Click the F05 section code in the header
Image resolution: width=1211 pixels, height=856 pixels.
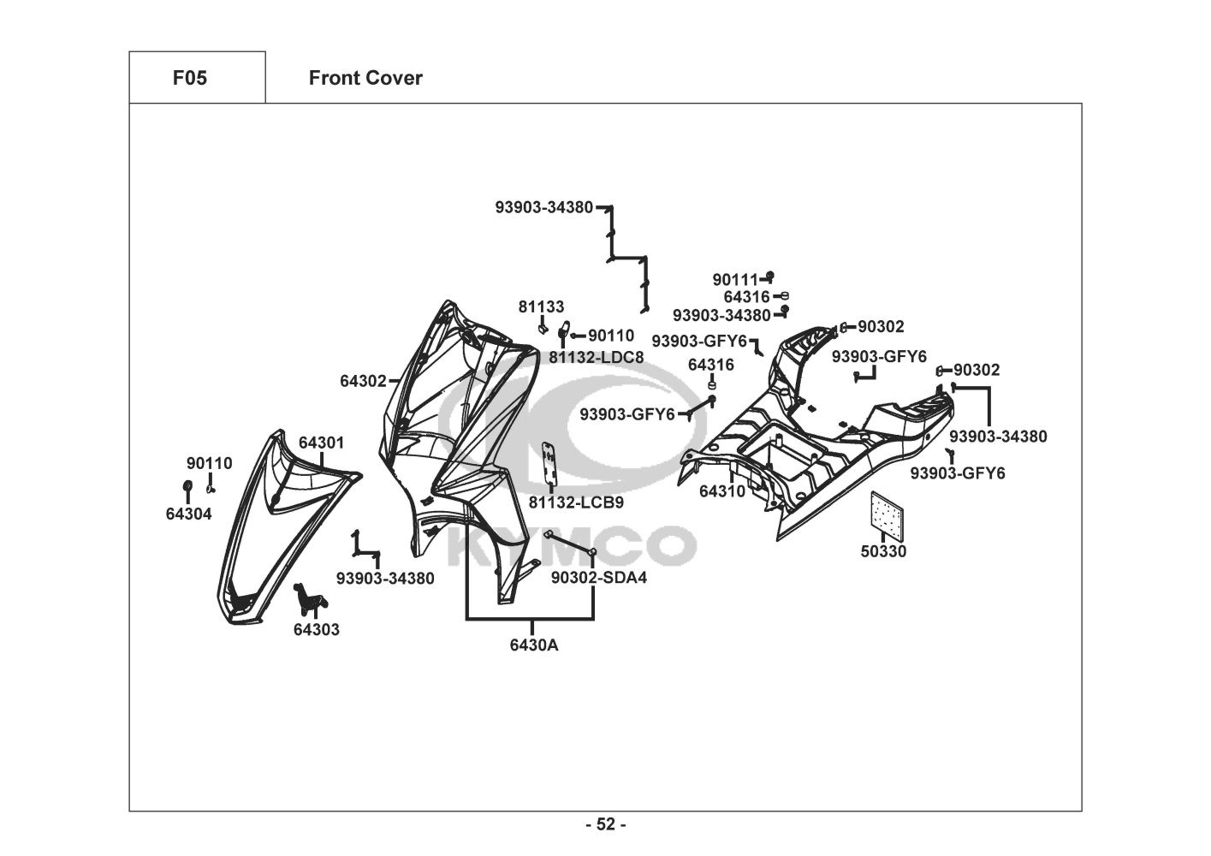coord(189,78)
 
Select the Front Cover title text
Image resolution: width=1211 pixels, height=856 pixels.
coord(365,78)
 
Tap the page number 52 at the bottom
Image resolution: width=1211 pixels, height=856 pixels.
coord(605,824)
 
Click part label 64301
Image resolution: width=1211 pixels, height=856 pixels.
coord(321,443)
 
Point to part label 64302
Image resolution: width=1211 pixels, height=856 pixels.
coord(363,381)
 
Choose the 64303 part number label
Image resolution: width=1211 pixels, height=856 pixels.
coord(316,629)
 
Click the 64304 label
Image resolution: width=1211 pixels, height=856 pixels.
coord(188,514)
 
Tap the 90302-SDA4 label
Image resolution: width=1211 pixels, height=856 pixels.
coord(598,578)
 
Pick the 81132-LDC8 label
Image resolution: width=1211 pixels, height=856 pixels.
coord(597,357)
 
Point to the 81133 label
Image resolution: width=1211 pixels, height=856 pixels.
coord(541,306)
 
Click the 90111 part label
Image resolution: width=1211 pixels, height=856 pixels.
coord(735,279)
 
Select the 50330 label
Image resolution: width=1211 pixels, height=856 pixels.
coord(883,551)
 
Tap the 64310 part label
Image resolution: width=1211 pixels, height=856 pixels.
coord(721,491)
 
